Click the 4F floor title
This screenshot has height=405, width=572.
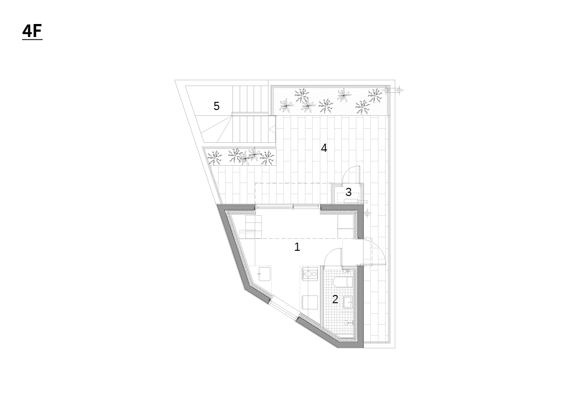coord(32,31)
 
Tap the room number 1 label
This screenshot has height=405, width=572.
coord(297,247)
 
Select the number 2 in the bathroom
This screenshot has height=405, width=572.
coord(335,300)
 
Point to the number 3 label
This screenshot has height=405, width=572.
coord(348,192)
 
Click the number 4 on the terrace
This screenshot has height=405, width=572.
coord(324,148)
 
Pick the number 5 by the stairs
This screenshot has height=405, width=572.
coord(216,106)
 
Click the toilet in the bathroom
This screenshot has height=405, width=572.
coord(343,282)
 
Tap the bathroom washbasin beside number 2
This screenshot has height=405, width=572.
coord(348,303)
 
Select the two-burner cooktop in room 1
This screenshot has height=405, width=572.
coord(310,274)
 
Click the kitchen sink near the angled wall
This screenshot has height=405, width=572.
coord(265,274)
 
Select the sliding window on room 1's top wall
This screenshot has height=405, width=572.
coord(288,207)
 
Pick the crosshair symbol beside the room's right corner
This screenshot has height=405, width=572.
coord(367,213)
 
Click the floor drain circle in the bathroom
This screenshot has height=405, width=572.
coord(347,323)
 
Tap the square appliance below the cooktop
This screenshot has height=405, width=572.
coord(310,303)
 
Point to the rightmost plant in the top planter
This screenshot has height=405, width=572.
coord(375,95)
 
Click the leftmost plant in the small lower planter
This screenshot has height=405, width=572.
coord(214,158)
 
